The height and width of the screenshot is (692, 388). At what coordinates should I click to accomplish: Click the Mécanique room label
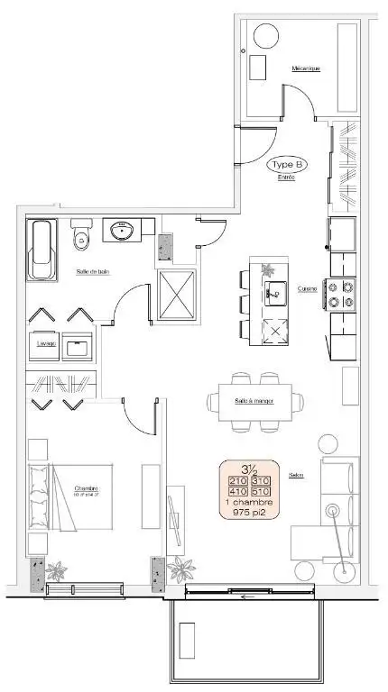click(x=305, y=68)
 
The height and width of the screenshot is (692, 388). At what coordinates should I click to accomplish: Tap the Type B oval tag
click(x=288, y=165)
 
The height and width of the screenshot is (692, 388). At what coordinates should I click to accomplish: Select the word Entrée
click(x=286, y=178)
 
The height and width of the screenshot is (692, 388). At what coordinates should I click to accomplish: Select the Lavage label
click(x=46, y=343)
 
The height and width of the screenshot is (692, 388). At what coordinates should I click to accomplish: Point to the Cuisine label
click(x=308, y=288)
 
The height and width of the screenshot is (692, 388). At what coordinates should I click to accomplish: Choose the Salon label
click(x=295, y=475)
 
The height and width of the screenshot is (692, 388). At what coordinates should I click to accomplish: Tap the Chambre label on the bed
click(x=87, y=488)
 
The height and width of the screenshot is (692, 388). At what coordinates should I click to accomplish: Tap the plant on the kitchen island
click(x=268, y=269)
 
